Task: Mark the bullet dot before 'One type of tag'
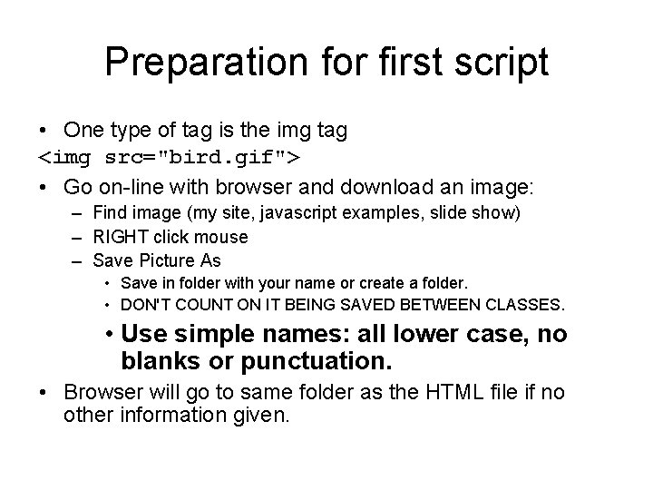[x=44, y=132]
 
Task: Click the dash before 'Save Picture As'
[x=76, y=260]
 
